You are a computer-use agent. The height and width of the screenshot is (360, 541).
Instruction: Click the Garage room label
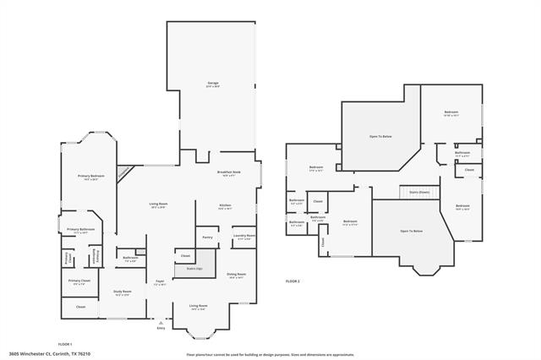[x=213, y=83]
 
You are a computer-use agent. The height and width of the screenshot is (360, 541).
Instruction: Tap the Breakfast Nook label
[x=230, y=173]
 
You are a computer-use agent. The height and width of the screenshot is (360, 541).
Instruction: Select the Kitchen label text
[x=226, y=205]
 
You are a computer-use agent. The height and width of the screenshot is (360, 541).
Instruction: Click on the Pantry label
[x=207, y=238]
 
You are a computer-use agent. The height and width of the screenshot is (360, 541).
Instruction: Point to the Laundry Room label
[x=245, y=237]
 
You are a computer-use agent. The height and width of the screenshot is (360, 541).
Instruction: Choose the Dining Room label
[x=236, y=275]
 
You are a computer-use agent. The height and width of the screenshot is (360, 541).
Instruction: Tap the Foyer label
[x=159, y=282]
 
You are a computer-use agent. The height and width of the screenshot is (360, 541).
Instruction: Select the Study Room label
[x=122, y=292]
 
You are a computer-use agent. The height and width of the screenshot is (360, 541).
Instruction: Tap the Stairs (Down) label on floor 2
[x=419, y=192]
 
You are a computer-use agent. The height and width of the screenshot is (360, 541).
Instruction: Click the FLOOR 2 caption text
[x=292, y=280]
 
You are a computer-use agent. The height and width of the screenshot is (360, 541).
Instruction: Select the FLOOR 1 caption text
[x=65, y=344]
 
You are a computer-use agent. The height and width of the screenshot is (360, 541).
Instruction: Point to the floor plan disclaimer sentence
[x=270, y=353]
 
